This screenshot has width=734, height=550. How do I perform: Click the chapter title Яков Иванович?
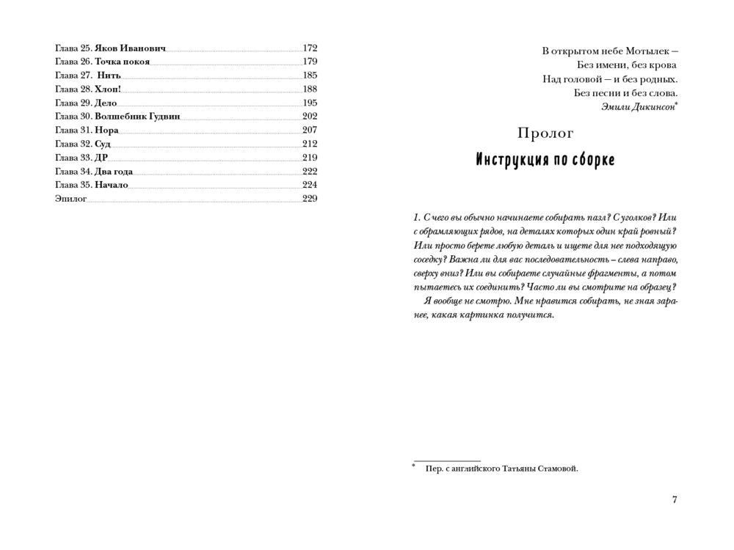(130, 48)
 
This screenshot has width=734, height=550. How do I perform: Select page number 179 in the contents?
(310, 62)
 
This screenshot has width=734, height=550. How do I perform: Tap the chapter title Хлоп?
(108, 89)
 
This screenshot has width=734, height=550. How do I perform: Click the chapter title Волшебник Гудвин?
(137, 117)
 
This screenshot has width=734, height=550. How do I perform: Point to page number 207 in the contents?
(310, 131)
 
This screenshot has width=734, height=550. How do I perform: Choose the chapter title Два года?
(114, 172)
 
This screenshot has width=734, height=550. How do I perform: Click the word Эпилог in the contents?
(70, 199)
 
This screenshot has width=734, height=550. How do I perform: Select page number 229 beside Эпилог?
(310, 199)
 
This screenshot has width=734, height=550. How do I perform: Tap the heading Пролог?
(545, 133)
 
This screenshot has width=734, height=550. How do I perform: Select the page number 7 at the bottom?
(675, 500)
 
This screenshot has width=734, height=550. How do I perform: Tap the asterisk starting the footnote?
(414, 466)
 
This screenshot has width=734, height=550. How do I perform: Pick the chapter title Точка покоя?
(122, 62)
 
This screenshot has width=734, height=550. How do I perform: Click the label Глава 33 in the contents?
(73, 158)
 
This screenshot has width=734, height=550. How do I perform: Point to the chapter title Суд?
(102, 144)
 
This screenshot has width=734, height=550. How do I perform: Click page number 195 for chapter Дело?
(310, 103)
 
